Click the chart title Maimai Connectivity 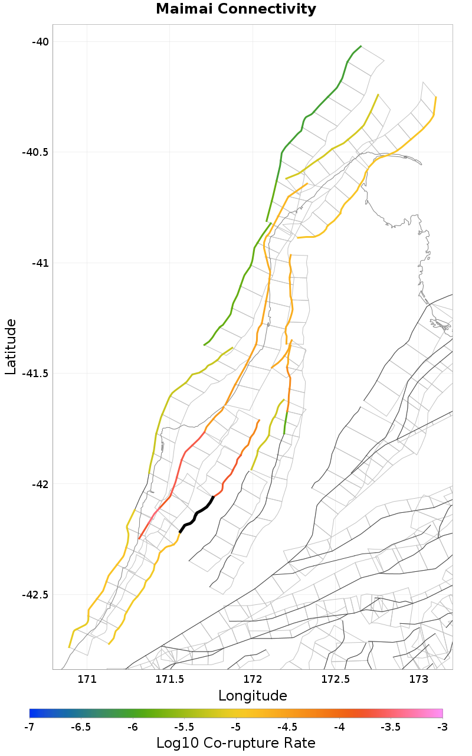point(236,9)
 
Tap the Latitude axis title point(11,347)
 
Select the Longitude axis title point(253,696)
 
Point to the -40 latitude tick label point(41,41)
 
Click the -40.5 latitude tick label point(36,152)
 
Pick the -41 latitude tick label point(41,263)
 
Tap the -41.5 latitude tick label point(36,373)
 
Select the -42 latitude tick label point(41,484)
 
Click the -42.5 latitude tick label point(36,594)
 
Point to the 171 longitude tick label point(87,679)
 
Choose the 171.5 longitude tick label point(170,679)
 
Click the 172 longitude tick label point(253,679)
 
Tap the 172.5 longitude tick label point(335,679)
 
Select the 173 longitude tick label point(418,679)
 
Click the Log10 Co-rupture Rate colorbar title point(236,743)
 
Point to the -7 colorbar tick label point(29,726)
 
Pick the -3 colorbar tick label point(442,726)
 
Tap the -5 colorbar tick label point(236,726)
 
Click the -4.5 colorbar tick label point(287,726)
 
